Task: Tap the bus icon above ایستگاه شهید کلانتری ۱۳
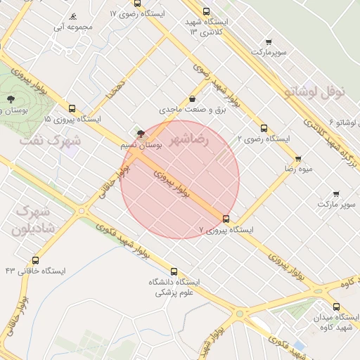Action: pos(206,11)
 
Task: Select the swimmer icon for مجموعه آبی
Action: pos(73,17)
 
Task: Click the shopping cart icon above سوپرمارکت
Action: pos(268,41)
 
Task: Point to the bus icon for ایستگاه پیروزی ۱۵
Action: pos(72,108)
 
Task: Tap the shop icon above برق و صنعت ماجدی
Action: pos(192,99)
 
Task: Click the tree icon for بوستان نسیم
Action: pos(141,133)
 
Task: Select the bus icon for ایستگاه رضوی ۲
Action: pos(264,128)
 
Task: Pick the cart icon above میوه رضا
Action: pos(298,159)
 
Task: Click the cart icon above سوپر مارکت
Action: pos(336,193)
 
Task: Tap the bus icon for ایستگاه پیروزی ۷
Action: pos(226,219)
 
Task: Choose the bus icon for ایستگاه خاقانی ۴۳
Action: pos(36,260)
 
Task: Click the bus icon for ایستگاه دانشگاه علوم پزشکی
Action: pos(174,271)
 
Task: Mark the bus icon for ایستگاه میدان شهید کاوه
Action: pos(336,307)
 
